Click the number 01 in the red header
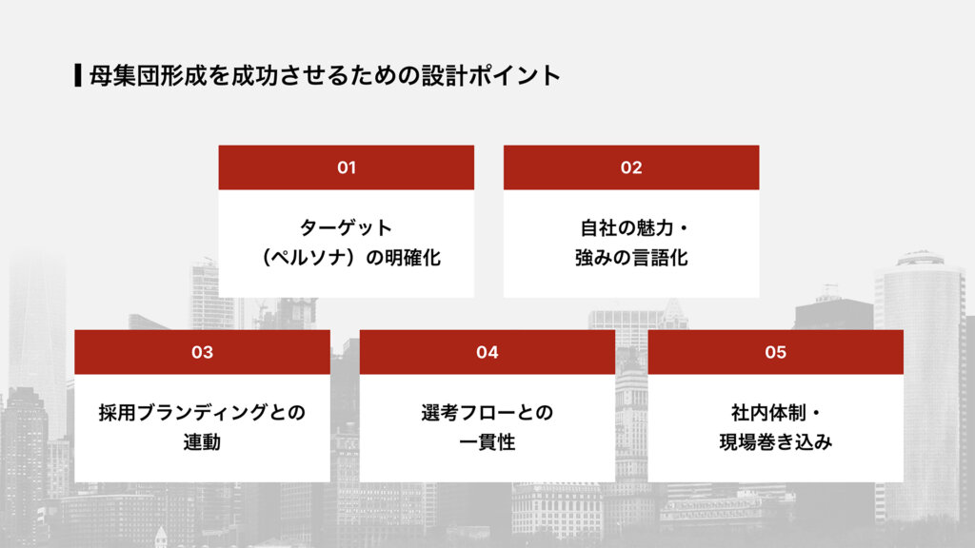pos(347,167)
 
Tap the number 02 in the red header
pos(631,167)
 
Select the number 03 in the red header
pos(202,352)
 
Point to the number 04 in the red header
pos(487,352)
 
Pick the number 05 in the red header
pos(775,352)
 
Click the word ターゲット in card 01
pos(347,228)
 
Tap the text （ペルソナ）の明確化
pos(347,258)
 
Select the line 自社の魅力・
pos(631,228)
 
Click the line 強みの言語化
pos(631,258)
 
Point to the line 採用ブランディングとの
pos(202,413)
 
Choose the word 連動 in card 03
pos(202,442)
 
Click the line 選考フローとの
pos(487,413)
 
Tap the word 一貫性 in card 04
pos(487,442)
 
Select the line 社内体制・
pos(775,413)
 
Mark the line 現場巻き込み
pos(775,442)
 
